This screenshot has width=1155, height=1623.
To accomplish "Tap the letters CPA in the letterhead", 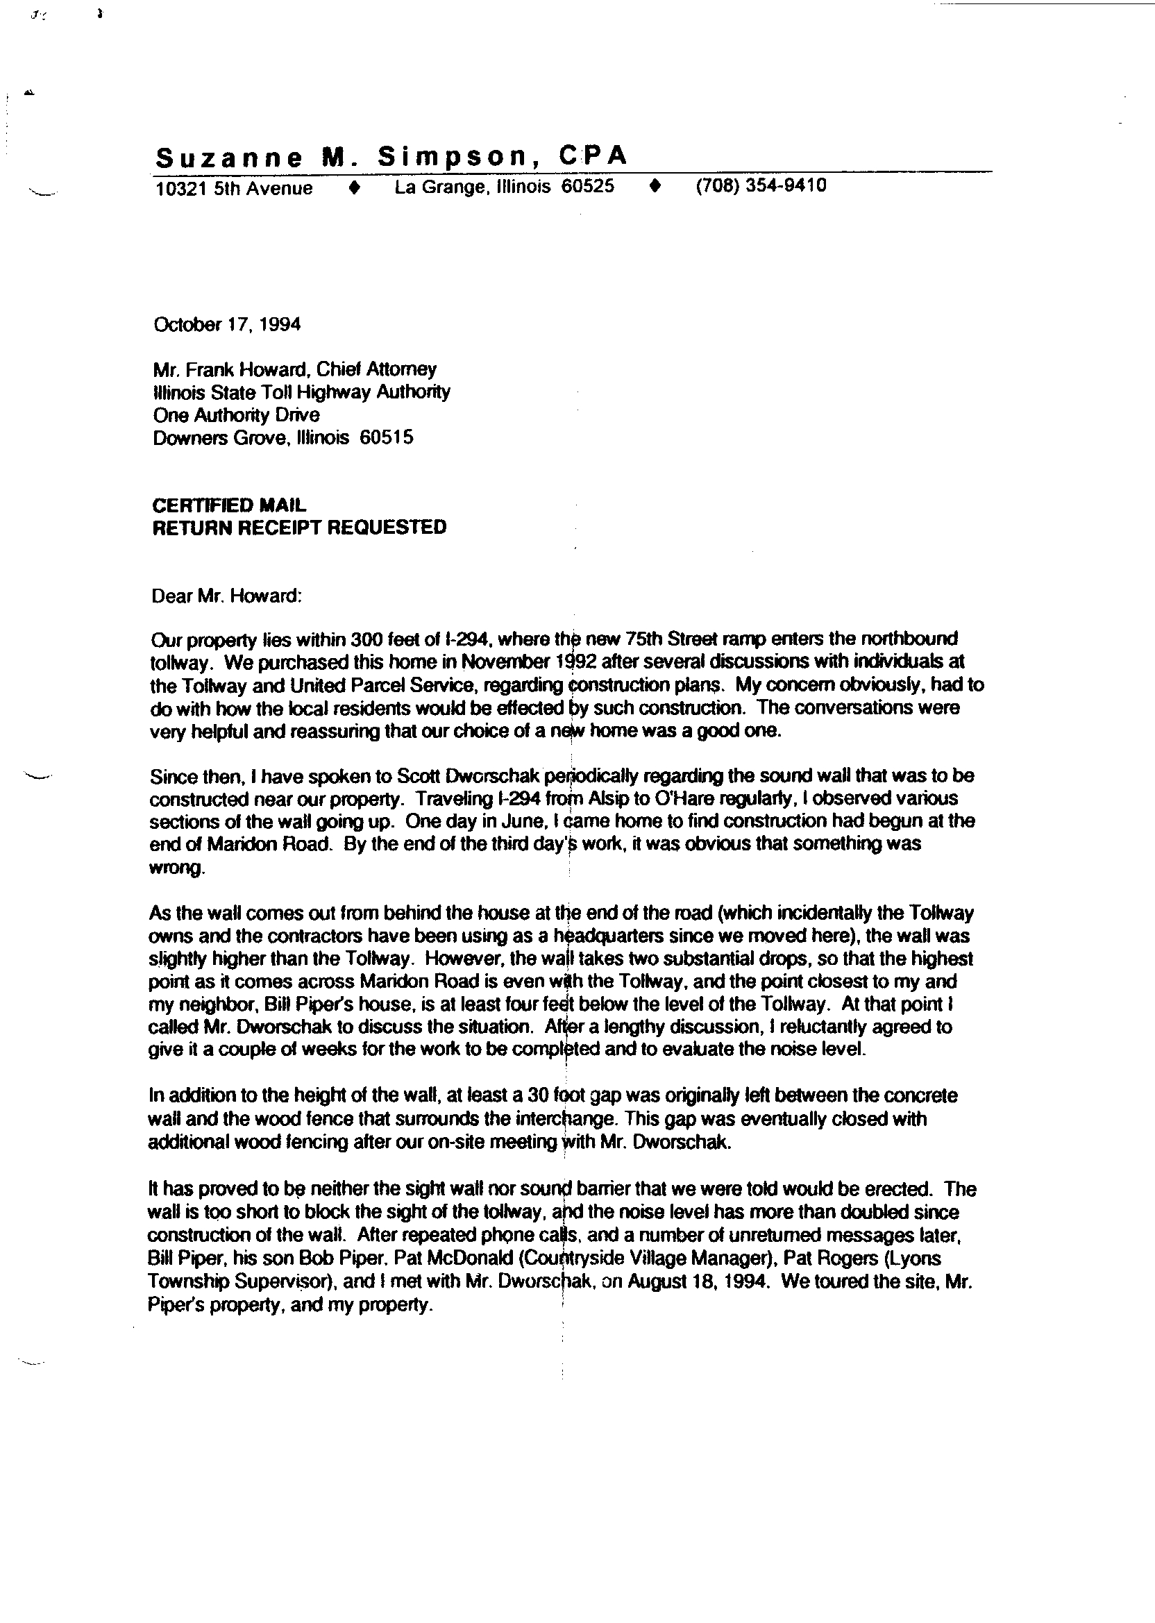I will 593,155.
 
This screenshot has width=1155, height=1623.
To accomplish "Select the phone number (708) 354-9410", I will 760,185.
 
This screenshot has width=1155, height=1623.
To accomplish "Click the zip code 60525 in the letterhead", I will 587,186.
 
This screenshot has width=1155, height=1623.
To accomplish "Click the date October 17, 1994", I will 227,324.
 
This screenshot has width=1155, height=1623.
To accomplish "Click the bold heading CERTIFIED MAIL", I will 229,505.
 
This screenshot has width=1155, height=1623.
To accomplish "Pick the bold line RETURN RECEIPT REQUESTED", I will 299,528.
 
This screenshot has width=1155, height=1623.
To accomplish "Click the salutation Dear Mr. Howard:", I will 227,596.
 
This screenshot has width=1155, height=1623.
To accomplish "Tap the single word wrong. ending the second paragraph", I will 176,868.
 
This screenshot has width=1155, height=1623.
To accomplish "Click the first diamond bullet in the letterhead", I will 355,187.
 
